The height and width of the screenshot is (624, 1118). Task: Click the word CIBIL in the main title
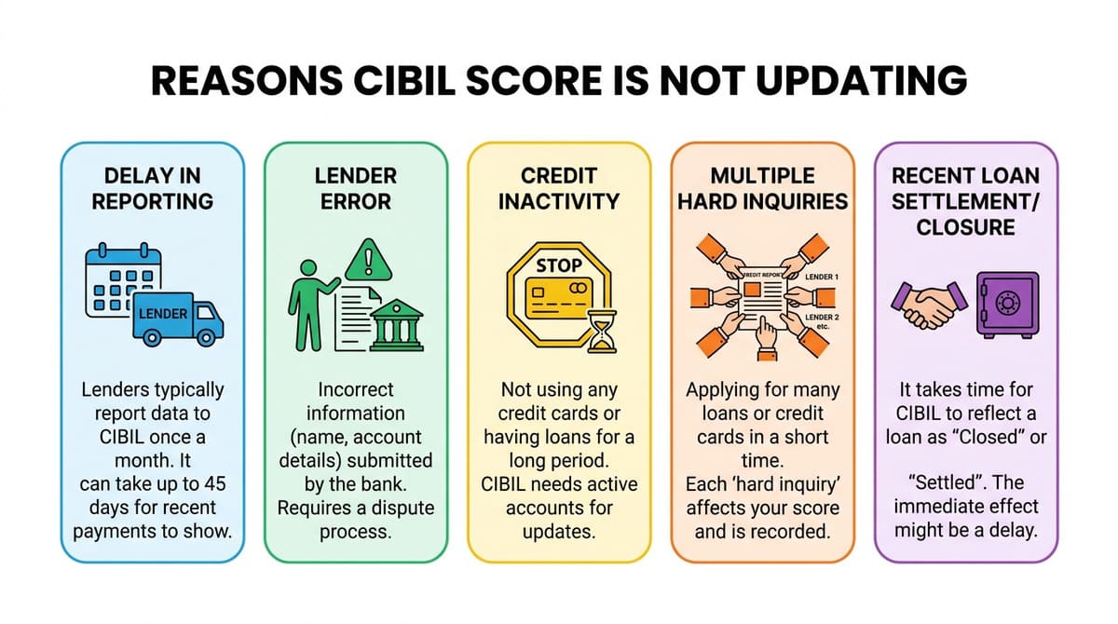click(402, 81)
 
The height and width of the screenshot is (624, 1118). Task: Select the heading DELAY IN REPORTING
click(153, 187)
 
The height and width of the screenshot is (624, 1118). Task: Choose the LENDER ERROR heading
click(356, 187)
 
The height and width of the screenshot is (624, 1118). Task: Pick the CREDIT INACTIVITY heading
click(558, 187)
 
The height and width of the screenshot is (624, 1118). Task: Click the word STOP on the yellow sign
click(559, 265)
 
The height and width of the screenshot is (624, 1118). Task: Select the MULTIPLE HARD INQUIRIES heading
click(762, 187)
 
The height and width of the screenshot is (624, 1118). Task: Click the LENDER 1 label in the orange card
click(822, 278)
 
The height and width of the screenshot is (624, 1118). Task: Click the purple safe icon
click(1006, 304)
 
